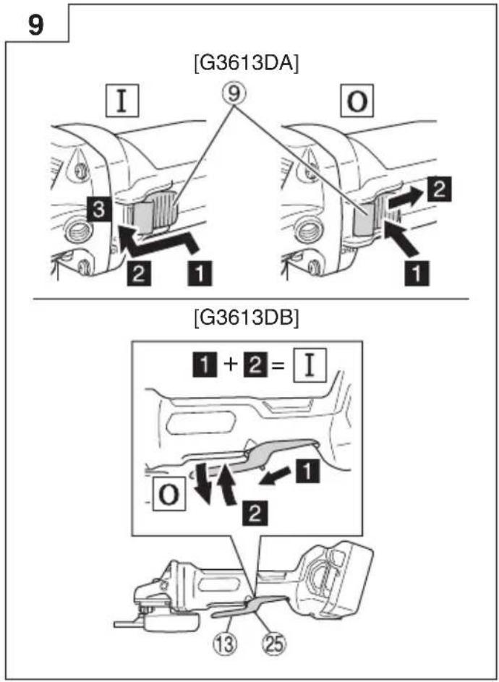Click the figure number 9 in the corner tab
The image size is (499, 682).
(35, 25)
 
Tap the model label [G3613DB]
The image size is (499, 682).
(247, 318)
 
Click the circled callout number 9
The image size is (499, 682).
(234, 94)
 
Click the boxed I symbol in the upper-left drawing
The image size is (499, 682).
(122, 101)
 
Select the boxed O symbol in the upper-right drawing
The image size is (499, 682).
(357, 101)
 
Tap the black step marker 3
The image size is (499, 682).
(98, 210)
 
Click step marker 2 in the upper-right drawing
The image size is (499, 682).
(439, 189)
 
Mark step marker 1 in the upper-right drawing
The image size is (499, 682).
(417, 273)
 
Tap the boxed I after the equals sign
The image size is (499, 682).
(310, 366)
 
